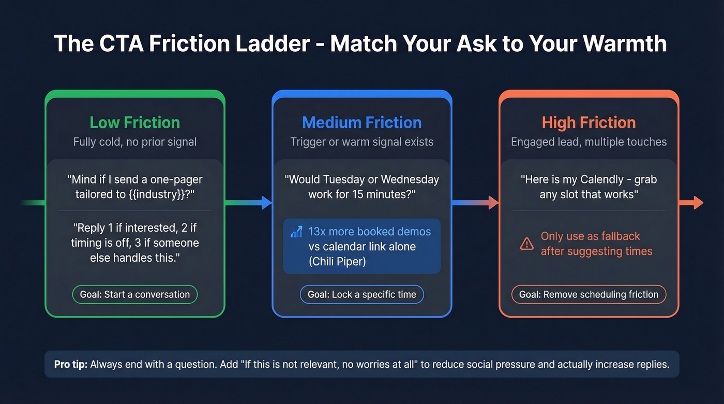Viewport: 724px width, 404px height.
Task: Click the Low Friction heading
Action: click(134, 123)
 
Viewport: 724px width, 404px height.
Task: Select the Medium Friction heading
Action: click(361, 123)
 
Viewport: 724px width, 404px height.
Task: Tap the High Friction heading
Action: click(589, 123)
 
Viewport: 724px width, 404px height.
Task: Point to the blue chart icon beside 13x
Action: click(296, 232)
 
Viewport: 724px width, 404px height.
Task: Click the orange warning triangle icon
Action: click(526, 244)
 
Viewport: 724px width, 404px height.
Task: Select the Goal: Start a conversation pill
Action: click(134, 294)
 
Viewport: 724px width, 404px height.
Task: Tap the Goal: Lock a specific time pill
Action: click(361, 294)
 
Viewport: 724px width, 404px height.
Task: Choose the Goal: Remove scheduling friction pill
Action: click(589, 294)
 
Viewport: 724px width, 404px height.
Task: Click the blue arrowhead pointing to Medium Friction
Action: click(267, 203)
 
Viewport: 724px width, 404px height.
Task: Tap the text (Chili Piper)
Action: click(337, 261)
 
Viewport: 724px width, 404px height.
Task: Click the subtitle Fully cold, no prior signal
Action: click(134, 142)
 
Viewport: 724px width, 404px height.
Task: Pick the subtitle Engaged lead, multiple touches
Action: click(589, 142)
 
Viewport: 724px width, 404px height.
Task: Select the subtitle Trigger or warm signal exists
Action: click(361, 142)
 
